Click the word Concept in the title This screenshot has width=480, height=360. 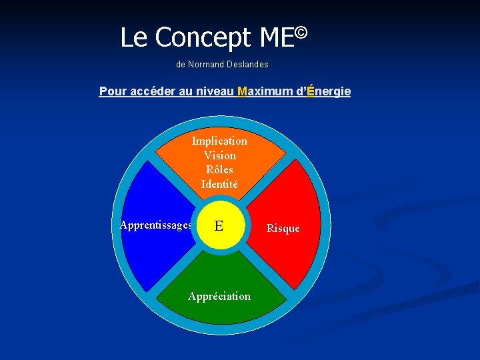point(203,39)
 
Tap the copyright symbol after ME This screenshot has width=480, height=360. point(301,31)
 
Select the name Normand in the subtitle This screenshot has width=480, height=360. point(206,65)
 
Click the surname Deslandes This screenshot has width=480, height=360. point(247,65)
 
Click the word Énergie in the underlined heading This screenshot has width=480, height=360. point(328,91)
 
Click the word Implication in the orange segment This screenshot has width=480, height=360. point(219,141)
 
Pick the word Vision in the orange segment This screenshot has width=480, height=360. point(220,155)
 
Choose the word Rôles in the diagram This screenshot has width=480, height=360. point(219,169)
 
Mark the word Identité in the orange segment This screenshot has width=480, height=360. point(219,184)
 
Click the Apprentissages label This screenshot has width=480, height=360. point(156,225)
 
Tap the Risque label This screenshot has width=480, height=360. point(283,228)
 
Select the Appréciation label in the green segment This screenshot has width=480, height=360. point(219,296)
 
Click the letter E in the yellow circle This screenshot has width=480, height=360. point(219,227)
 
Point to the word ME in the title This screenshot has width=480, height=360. point(277,39)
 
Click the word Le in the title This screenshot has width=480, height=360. point(133,38)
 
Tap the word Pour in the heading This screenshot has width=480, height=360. point(112,91)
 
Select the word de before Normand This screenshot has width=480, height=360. point(181,65)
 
